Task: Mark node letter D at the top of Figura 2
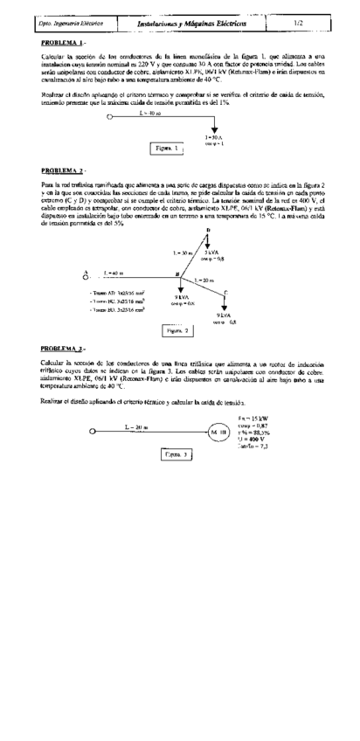click(207, 229)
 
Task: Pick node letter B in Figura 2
click(177, 273)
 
